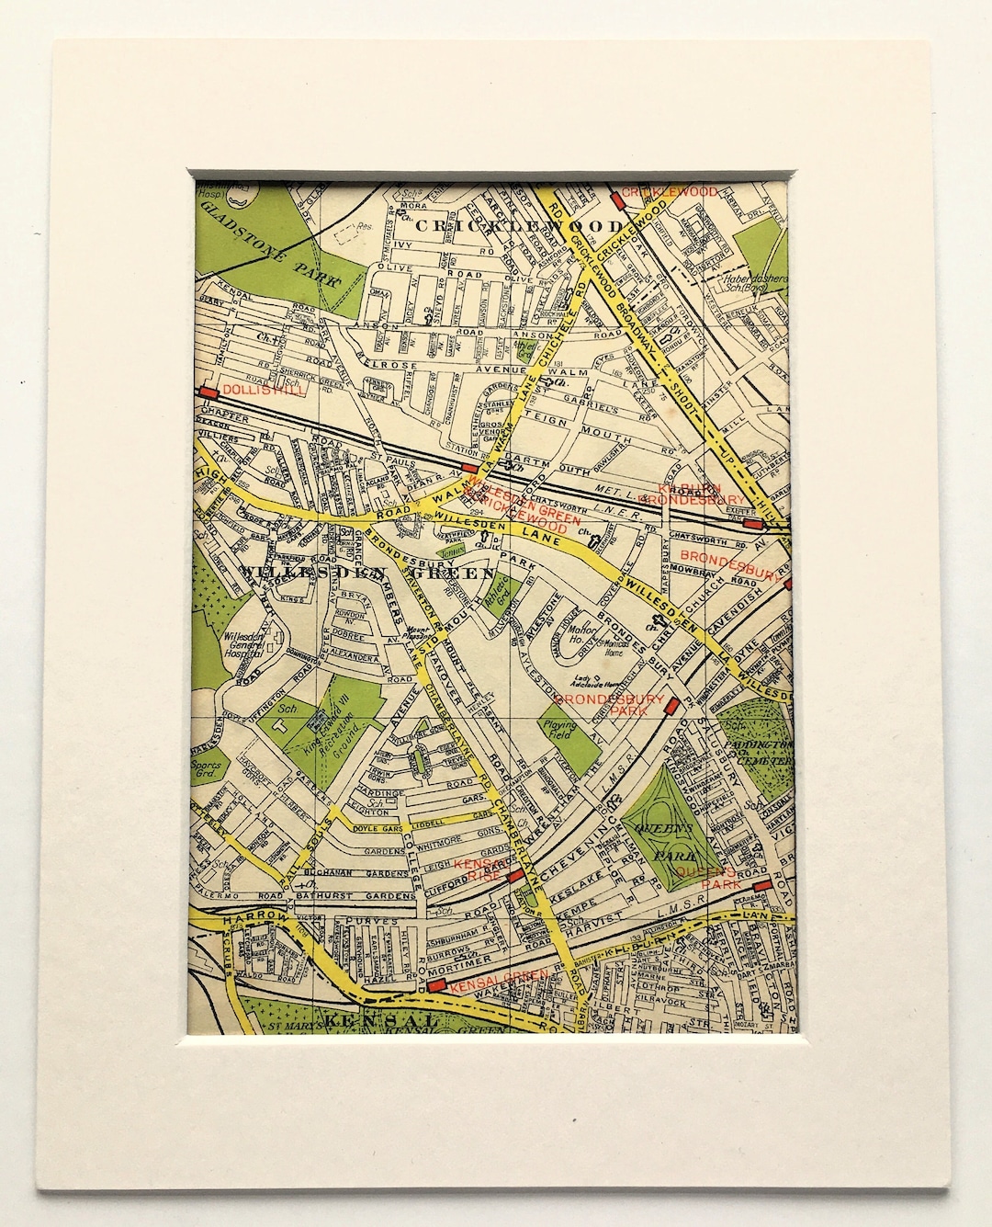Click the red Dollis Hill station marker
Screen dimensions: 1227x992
tap(208, 391)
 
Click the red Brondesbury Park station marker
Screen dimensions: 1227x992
tap(672, 705)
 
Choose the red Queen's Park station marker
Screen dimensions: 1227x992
tap(760, 885)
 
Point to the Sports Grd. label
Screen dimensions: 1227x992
tap(210, 757)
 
